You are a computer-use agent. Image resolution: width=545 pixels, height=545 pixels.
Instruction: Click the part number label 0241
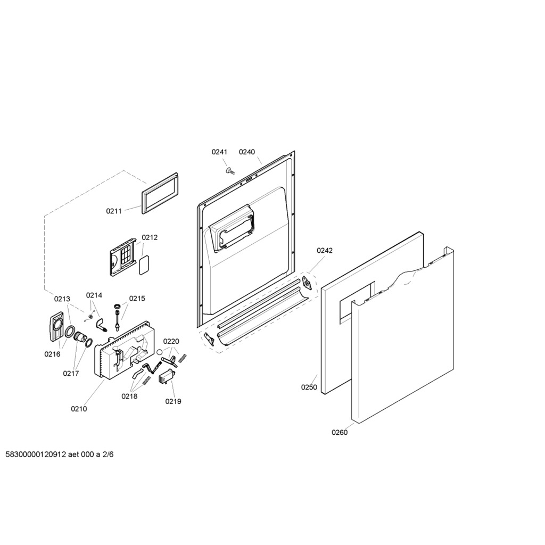[219, 152]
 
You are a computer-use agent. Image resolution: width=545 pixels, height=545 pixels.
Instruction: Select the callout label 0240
[247, 152]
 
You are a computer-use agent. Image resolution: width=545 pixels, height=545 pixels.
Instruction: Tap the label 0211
[114, 211]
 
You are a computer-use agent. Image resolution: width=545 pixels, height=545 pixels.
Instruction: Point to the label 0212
[150, 237]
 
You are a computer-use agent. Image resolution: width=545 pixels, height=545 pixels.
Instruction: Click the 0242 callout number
[324, 250]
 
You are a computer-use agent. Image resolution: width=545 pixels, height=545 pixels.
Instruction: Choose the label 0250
[309, 387]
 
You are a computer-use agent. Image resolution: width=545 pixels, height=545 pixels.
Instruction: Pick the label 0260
[340, 432]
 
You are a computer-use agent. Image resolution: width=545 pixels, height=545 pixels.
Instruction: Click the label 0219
[173, 401]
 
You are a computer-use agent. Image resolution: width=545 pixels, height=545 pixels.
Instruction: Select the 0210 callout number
[79, 409]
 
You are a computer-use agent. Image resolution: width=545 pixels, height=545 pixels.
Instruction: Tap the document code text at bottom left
[60, 455]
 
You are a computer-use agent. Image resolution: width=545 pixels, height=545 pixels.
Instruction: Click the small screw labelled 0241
[230, 170]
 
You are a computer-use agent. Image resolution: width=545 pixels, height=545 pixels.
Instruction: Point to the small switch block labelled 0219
[167, 377]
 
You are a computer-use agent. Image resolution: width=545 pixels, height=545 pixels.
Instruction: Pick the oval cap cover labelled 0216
[55, 327]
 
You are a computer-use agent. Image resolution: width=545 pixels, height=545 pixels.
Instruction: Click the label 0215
[137, 299]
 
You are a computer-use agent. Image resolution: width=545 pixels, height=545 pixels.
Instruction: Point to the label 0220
[171, 342]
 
